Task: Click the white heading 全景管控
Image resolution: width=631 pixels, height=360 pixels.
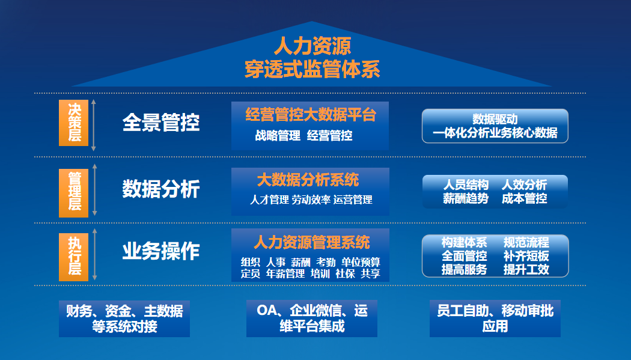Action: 160,123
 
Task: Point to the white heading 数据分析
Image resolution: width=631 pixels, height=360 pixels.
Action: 160,189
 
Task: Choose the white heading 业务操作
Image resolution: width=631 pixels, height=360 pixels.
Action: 160,252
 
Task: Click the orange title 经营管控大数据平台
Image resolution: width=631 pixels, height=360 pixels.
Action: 310,115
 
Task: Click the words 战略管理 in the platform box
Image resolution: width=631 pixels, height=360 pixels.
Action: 278,136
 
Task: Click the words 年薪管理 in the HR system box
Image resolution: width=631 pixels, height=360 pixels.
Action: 285,273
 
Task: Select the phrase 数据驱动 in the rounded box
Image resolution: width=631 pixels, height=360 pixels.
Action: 495,119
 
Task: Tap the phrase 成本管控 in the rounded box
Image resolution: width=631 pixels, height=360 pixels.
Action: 524,198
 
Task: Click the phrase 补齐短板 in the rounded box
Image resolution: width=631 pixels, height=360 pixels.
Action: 526,256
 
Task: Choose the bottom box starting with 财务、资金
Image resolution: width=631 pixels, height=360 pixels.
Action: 124,319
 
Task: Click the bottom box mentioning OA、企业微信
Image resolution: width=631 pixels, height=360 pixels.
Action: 312,319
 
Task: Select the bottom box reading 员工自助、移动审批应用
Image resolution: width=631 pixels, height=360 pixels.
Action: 495,319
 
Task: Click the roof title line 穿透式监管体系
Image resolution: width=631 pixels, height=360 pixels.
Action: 312,70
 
